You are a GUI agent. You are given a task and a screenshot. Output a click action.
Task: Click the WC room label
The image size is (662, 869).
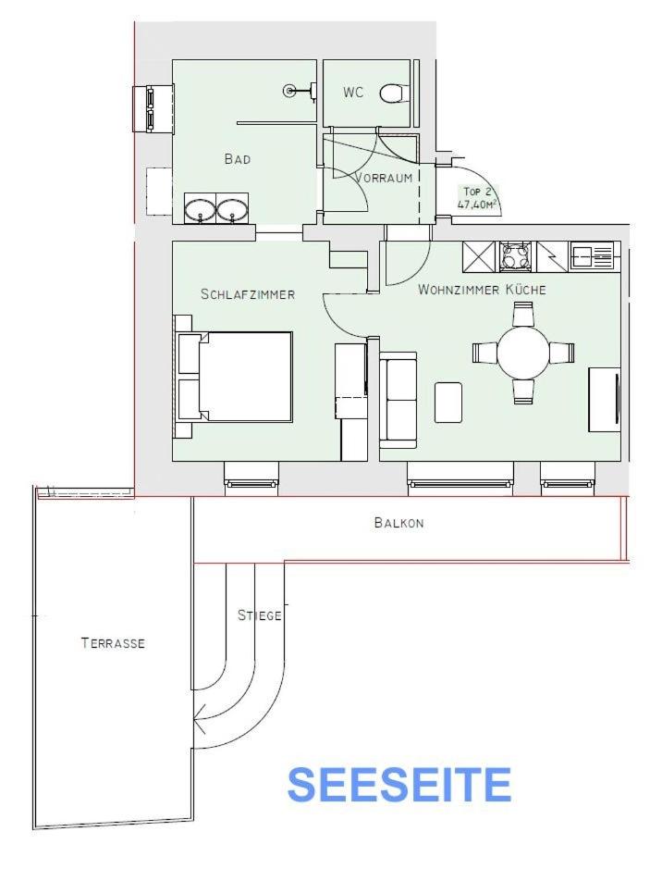pos(353,92)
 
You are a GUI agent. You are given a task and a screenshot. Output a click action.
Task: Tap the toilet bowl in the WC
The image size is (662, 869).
pos(392,93)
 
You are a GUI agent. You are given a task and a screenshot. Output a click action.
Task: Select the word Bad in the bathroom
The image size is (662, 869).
pos(238,159)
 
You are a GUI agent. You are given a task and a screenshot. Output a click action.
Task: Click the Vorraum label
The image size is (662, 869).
pos(384,178)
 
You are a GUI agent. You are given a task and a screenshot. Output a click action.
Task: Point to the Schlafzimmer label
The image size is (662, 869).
pos(248,294)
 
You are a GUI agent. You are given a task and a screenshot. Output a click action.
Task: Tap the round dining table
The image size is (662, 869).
pos(522,353)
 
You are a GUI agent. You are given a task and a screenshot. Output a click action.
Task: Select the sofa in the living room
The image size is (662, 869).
pos(398,400)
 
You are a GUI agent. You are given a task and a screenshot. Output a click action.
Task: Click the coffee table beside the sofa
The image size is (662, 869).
pos(448,403)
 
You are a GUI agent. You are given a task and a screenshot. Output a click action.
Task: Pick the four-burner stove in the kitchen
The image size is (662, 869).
pos(518,256)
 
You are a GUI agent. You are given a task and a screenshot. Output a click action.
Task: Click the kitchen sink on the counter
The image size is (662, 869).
pos(592,256)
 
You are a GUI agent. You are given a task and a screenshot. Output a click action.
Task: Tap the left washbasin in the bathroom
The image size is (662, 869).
pos(200,209)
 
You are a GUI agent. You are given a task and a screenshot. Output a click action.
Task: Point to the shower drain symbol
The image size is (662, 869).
pos(289,91)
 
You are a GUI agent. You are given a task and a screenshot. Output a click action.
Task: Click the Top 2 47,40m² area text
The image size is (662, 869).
pos(475,198)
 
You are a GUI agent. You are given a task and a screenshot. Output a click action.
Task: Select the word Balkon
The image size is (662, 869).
pos(398,523)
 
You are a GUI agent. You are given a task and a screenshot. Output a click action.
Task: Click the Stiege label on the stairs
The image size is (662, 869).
pos(259,615)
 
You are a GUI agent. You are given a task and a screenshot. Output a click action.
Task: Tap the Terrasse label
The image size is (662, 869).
pos(113,643)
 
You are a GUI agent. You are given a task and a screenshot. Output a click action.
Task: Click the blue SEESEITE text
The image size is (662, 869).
pos(399,785)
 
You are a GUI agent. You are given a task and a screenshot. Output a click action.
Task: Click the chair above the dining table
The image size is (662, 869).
pos(522,314)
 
